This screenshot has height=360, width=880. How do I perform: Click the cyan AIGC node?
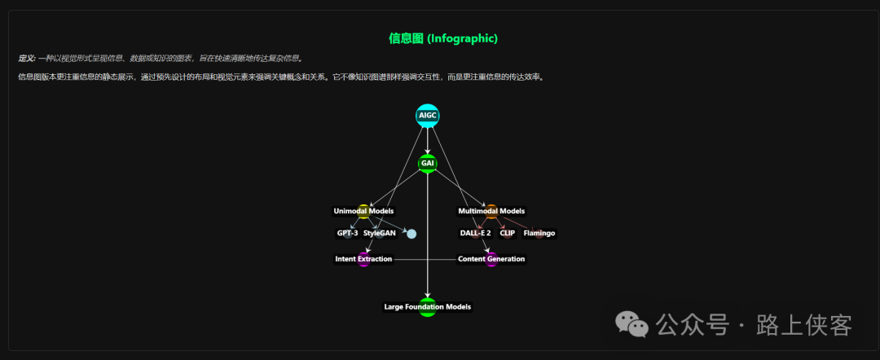click(x=427, y=116)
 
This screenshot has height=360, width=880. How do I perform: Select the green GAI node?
click(x=427, y=164)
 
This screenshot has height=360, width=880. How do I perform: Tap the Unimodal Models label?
click(x=363, y=212)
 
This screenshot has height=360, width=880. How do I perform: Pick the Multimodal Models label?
click(x=491, y=212)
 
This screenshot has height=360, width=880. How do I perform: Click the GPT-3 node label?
click(x=347, y=234)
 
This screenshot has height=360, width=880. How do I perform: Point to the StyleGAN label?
click(x=380, y=234)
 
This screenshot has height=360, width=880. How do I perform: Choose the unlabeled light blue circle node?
click(x=411, y=235)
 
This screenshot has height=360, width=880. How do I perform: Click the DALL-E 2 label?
click(x=475, y=234)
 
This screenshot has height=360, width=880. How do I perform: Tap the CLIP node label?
click(x=507, y=234)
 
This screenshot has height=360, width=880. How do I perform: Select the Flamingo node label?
click(x=539, y=234)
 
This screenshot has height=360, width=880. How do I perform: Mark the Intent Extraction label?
click(x=363, y=259)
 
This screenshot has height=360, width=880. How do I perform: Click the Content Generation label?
click(x=491, y=259)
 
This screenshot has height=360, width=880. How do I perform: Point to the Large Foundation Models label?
click(x=427, y=307)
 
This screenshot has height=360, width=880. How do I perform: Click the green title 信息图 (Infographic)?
click(x=443, y=38)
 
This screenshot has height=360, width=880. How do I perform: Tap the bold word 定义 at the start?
click(x=26, y=59)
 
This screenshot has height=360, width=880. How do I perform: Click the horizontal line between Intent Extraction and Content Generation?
click(x=425, y=259)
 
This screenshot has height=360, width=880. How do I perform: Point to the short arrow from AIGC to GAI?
click(x=427, y=140)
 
